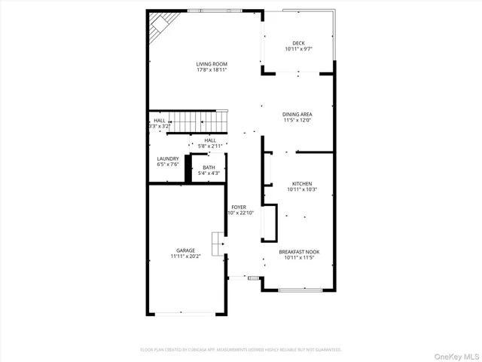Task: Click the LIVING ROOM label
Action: [x=212, y=64]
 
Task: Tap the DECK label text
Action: [x=298, y=44]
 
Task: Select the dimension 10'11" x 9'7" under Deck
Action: [x=298, y=50]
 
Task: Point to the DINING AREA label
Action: [x=297, y=114]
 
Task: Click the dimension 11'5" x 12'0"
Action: [x=297, y=120]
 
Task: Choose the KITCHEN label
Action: [x=302, y=183]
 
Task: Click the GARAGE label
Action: [x=185, y=250]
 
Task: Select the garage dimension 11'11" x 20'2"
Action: [x=185, y=256]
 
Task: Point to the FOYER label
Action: [x=239, y=207]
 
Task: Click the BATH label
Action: [x=209, y=167]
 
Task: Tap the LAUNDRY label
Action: [x=168, y=158]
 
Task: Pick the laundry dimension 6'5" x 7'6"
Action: [x=168, y=164]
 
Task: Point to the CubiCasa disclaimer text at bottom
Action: [x=241, y=350]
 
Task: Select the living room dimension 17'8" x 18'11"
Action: [x=212, y=70]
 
